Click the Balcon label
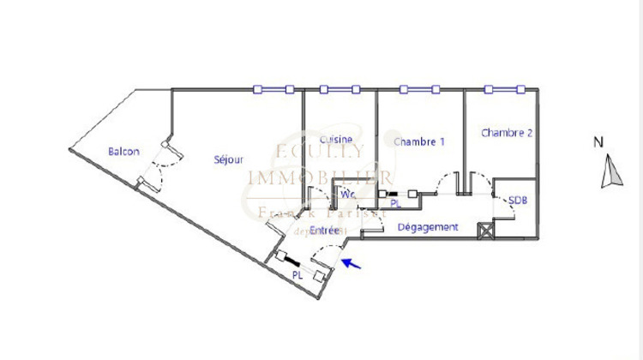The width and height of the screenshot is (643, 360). click(x=123, y=152)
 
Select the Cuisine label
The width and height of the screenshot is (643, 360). click(x=337, y=139)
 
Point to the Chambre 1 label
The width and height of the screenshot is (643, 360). click(x=418, y=141)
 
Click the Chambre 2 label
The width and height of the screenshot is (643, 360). click(x=507, y=133)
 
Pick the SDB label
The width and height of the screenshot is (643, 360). click(x=518, y=200)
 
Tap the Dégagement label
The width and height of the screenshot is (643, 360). click(x=428, y=227)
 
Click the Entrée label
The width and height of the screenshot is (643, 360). click(x=324, y=231)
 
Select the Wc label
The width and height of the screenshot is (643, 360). click(x=348, y=195)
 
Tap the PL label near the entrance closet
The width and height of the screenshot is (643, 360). click(x=297, y=275)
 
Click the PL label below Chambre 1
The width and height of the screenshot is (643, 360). click(x=395, y=205)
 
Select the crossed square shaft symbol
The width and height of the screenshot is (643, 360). click(x=486, y=230)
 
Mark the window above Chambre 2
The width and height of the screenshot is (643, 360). click(x=502, y=89)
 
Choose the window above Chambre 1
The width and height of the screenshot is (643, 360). click(x=420, y=89)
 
